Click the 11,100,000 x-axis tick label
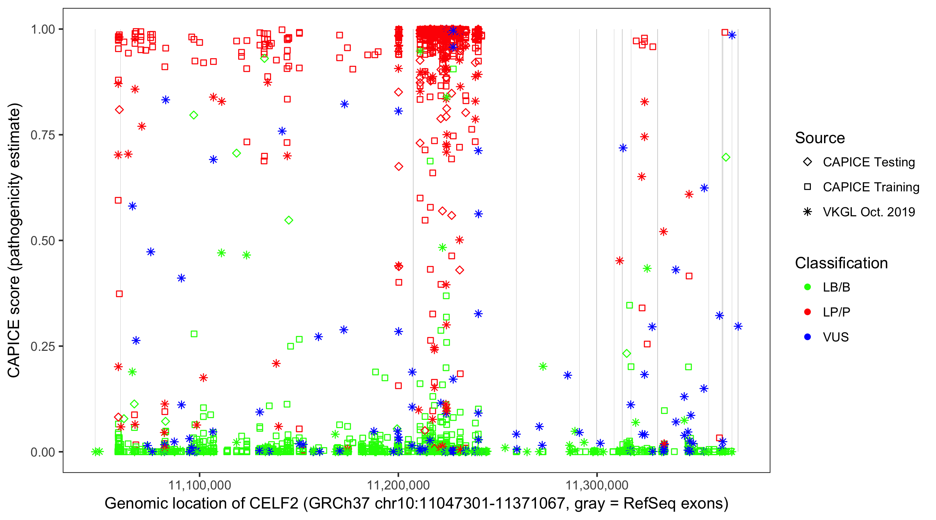pyautogui.click(x=199, y=485)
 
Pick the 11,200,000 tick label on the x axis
pyautogui.click(x=398, y=485)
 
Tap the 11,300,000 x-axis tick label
pyautogui.click(x=597, y=485)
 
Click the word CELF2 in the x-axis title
pyautogui.click(x=274, y=504)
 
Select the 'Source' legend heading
pyautogui.click(x=820, y=138)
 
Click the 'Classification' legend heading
pyautogui.click(x=841, y=263)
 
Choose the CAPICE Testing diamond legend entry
pyautogui.click(x=807, y=162)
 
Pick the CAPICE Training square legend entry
pyautogui.click(x=807, y=187)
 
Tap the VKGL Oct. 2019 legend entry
pyautogui.click(x=807, y=212)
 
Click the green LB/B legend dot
pyautogui.click(x=807, y=287)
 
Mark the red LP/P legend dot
pyautogui.click(x=807, y=312)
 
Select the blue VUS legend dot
pyautogui.click(x=807, y=337)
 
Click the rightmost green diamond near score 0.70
pyautogui.click(x=726, y=157)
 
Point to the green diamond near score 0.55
pyautogui.click(x=289, y=220)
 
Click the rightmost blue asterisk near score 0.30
pyautogui.click(x=738, y=326)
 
